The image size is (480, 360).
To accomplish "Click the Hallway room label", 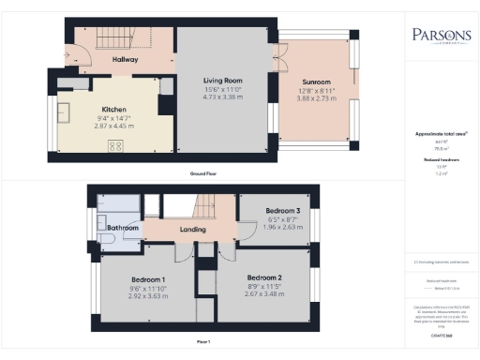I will tap(125, 59).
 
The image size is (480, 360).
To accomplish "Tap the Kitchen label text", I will tap(114, 109).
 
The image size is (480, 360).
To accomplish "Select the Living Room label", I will tap(224, 81).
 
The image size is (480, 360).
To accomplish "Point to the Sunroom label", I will tap(315, 82).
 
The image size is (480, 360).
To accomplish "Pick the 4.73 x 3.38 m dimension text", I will tap(224, 96).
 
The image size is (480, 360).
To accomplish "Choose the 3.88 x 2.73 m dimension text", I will tap(315, 97).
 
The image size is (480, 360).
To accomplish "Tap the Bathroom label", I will tap(123, 228).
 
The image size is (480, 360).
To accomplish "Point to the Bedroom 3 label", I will tap(282, 211).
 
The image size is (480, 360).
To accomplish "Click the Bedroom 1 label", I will tap(148, 280).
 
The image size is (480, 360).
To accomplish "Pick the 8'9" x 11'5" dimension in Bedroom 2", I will tap(263, 287).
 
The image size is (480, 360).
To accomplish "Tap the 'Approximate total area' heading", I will tap(442, 134).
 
